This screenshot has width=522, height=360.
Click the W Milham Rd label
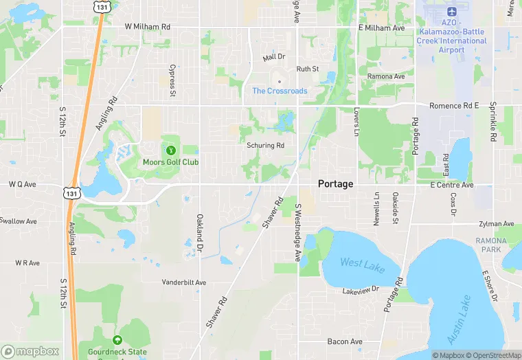(147, 27)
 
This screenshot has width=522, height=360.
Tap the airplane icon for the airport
(451, 12)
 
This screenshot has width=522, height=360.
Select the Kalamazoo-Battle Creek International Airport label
(451, 41)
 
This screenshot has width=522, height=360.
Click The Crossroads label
(280, 91)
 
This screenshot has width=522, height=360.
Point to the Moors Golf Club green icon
(170, 150)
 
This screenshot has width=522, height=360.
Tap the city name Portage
(336, 184)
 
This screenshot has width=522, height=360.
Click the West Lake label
(361, 263)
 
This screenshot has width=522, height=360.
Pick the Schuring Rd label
(266, 146)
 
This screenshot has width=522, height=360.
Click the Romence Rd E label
(454, 106)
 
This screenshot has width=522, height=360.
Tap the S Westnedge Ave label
(298, 232)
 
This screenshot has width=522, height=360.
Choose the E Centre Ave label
(452, 185)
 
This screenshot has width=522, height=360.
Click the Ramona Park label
(491, 245)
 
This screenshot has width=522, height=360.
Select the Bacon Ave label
(345, 341)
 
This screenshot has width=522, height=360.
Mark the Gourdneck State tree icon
(117, 340)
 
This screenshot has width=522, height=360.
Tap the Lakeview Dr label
(361, 291)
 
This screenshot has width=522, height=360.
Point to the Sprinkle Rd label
(492, 122)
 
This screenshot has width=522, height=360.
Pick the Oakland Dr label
(200, 231)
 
